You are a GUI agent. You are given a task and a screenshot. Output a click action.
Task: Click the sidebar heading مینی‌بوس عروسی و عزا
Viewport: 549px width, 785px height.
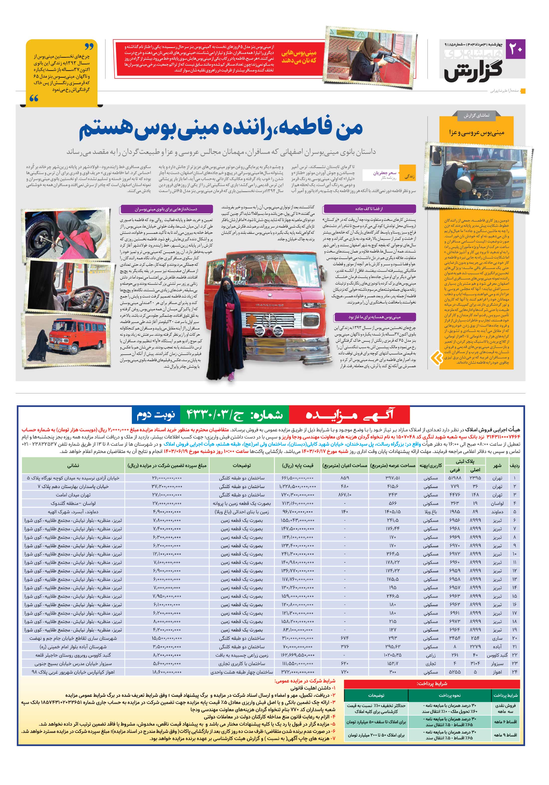(477, 133)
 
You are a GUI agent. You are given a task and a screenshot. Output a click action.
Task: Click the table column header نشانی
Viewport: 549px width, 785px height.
(73, 465)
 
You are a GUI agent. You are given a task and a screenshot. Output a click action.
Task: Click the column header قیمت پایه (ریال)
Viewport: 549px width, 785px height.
(297, 465)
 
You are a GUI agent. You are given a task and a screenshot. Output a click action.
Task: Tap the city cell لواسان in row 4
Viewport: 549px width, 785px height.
(497, 504)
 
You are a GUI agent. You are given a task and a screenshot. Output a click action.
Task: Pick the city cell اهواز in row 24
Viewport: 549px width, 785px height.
(497, 672)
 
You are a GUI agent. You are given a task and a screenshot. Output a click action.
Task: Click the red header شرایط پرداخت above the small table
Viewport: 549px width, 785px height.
(432, 684)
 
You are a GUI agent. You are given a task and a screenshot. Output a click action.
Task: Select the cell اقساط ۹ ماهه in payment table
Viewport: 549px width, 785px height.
(505, 735)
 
